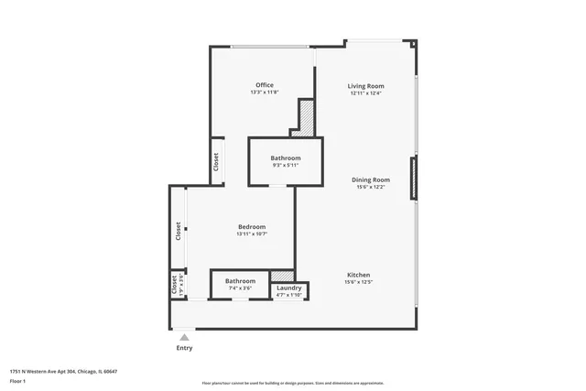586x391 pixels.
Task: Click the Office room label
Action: (265, 85)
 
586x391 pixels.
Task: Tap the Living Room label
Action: (365, 86)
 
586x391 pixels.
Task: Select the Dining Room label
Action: (371, 179)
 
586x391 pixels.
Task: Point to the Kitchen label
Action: (358, 275)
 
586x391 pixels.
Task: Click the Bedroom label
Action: (252, 227)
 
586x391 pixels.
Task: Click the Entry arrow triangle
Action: (184, 337)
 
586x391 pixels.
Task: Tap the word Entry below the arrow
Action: (184, 348)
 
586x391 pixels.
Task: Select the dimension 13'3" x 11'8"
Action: (265, 92)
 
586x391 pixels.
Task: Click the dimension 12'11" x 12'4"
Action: (365, 93)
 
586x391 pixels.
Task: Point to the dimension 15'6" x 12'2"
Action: (371, 188)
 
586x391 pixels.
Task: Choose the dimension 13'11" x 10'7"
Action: (252, 234)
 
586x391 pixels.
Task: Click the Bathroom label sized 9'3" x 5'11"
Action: (285, 158)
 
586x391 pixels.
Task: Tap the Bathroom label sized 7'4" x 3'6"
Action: (240, 281)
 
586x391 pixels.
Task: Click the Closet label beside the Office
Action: (216, 162)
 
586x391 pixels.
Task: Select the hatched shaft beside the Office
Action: (308, 116)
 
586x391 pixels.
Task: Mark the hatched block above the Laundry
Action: (283, 276)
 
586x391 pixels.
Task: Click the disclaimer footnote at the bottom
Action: (292, 383)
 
